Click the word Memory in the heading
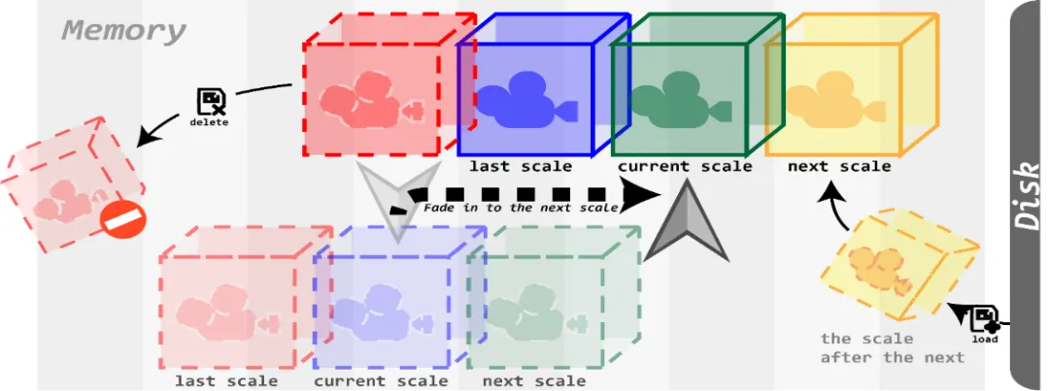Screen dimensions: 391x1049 point(123,31)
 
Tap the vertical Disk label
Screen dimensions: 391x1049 point(1027,195)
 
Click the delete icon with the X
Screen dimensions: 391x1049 point(211,102)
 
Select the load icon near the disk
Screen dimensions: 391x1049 point(985,321)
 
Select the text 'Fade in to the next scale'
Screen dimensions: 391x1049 point(521,208)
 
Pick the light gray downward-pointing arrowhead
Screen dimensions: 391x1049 point(396,203)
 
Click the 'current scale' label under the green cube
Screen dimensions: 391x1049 point(685,166)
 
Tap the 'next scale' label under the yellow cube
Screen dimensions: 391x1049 point(838,166)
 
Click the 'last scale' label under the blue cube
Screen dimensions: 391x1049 point(521,166)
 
